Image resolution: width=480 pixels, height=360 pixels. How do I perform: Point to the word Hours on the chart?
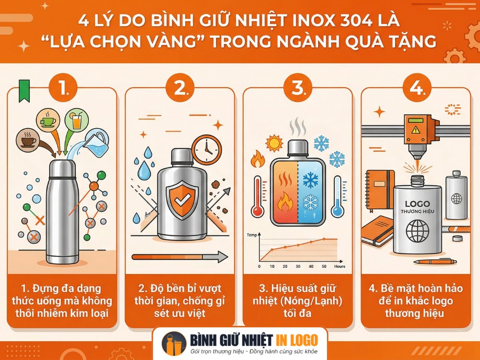coord(339,266)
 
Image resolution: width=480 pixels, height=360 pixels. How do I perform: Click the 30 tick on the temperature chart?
coord(298,266)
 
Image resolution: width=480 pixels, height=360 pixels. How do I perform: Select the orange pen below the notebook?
coord(435,262)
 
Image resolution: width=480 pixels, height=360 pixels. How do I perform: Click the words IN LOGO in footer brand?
coord(298,340)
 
